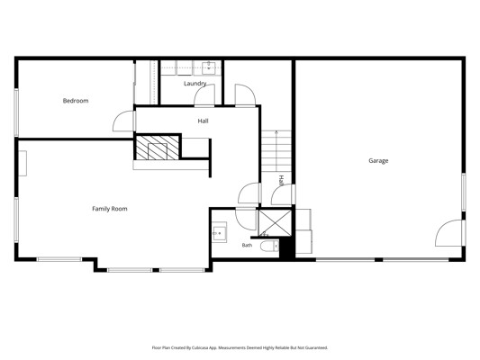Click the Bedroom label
76,101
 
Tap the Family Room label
110,209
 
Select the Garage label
378,160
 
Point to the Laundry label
195,83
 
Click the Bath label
247,245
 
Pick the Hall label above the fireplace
203,121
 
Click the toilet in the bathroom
269,247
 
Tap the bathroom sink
220,233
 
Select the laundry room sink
209,67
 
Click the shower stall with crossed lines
275,222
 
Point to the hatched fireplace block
158,148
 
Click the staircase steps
276,151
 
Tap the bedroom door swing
124,121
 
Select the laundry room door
204,95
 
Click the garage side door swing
448,233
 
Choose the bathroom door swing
246,219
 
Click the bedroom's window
16,112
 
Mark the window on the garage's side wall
464,192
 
